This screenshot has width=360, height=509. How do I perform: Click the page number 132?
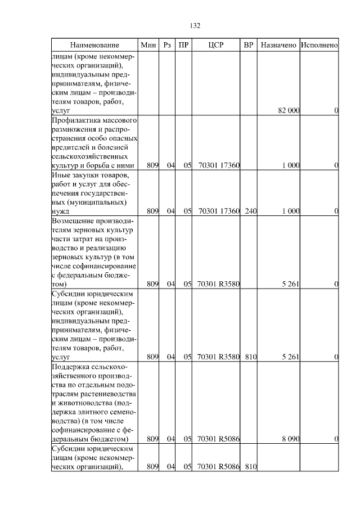195,25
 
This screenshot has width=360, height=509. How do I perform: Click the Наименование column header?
95,45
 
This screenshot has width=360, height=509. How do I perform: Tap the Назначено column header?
278,45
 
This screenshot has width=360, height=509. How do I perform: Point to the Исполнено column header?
319,45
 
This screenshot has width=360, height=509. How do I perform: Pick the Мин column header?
148,45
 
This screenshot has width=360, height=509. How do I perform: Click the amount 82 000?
289,111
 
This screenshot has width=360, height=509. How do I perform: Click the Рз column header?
167,45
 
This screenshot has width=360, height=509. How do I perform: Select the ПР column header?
183,45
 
